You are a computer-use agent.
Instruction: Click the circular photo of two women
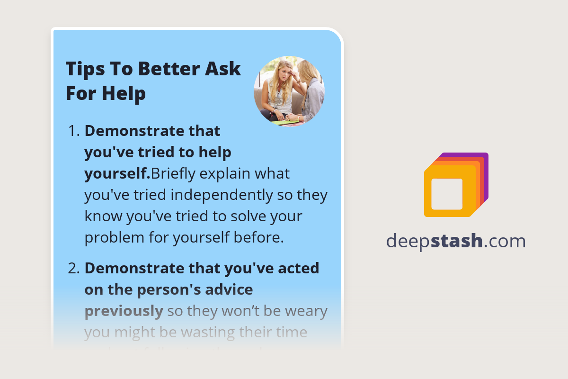pyautogui.click(x=289, y=91)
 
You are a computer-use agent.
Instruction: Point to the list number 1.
pyautogui.click(x=74, y=131)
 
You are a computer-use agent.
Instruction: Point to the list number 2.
pyautogui.click(x=74, y=268)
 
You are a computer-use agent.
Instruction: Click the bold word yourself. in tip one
pyautogui.click(x=117, y=174)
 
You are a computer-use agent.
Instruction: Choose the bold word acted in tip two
pyautogui.click(x=301, y=268)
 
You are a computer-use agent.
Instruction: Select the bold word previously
pyautogui.click(x=124, y=311)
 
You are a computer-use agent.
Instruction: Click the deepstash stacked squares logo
pyautogui.click(x=456, y=185)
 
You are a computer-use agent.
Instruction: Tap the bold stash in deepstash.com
pyautogui.click(x=459, y=241)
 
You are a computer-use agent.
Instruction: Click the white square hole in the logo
pyautogui.click(x=446, y=194)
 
